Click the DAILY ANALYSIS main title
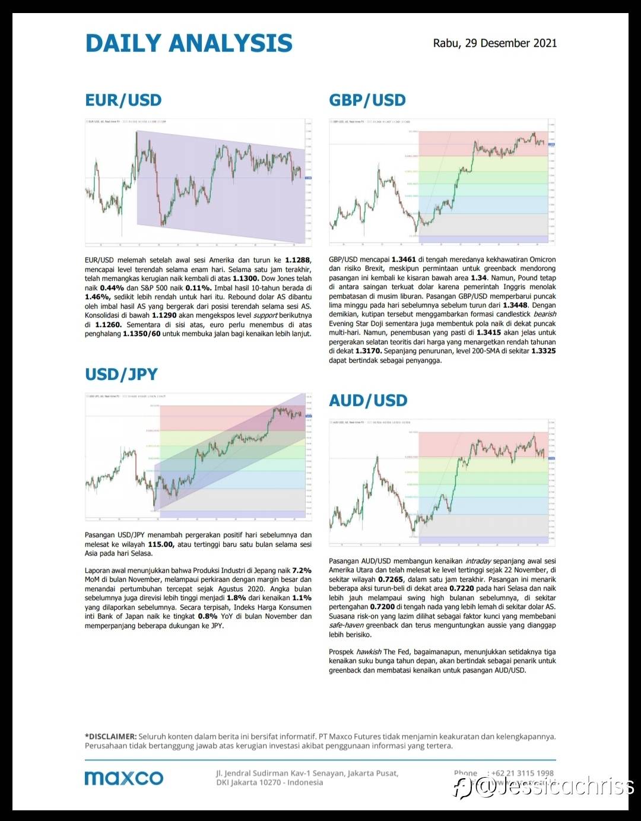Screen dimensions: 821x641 (x=189, y=43)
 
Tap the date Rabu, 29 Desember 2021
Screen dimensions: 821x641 (x=494, y=43)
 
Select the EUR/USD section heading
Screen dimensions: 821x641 (x=123, y=100)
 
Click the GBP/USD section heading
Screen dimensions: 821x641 (x=367, y=100)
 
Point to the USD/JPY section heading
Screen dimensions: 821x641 (x=121, y=374)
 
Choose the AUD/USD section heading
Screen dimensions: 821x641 (x=368, y=400)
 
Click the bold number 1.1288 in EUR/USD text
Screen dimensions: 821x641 (x=297, y=259)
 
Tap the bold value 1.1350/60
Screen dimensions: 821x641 (x=141, y=334)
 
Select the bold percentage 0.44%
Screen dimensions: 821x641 (x=112, y=287)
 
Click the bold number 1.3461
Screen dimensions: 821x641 (x=404, y=259)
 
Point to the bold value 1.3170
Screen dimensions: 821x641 (x=368, y=351)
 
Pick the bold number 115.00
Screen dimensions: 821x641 (x=160, y=544)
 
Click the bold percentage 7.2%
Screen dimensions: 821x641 (x=302, y=570)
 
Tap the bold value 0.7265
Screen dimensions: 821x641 (x=391, y=579)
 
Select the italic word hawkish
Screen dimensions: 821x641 (x=369, y=652)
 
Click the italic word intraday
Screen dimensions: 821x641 (x=477, y=561)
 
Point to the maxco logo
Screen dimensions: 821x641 (x=123, y=778)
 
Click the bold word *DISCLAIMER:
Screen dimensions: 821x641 (x=111, y=736)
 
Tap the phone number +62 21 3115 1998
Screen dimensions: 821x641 (x=522, y=773)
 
